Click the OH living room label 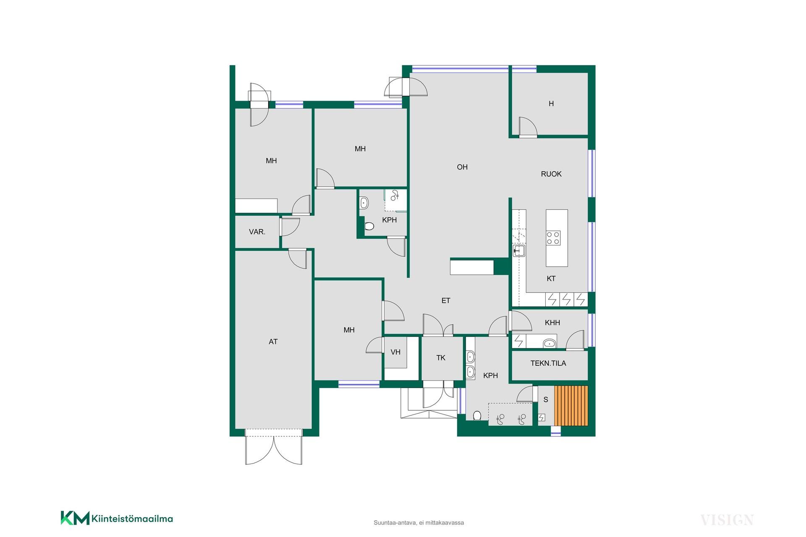(462, 167)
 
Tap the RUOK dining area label (551, 174)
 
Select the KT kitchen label (551, 279)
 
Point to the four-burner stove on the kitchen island (553, 238)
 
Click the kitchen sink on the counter (519, 251)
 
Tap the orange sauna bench (571, 406)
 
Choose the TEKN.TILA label (548, 363)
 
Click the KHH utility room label (552, 323)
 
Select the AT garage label (273, 342)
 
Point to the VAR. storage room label (257, 232)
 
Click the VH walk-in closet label (395, 352)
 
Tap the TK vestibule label (441, 358)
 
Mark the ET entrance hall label (446, 300)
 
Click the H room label (551, 104)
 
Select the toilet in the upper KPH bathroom (369, 226)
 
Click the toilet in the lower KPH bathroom (477, 416)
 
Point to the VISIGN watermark (727, 520)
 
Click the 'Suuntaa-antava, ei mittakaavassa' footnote (419, 523)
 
